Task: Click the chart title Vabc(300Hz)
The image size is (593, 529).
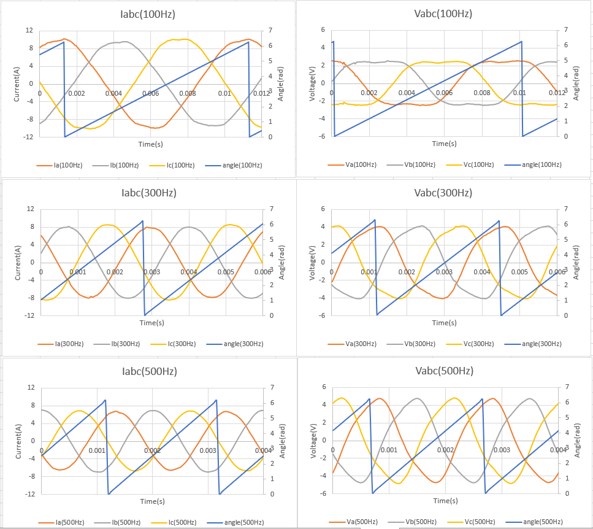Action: (443, 193)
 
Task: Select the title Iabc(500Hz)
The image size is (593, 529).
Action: (150, 371)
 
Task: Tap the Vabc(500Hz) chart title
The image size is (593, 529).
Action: (444, 371)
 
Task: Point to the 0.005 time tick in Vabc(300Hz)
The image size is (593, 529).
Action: (519, 272)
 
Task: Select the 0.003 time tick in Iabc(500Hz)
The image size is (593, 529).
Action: (208, 450)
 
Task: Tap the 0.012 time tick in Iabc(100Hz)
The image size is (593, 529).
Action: (260, 93)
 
